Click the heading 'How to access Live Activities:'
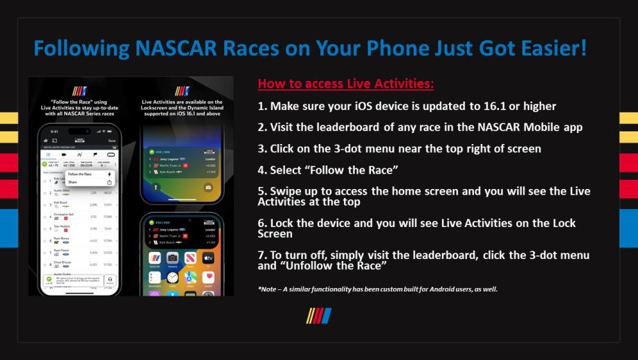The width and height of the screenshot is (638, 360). pyautogui.click(x=346, y=84)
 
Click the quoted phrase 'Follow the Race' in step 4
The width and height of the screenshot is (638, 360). pyautogui.click(x=352, y=169)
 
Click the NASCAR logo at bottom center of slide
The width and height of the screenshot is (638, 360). pyautogui.click(x=319, y=316)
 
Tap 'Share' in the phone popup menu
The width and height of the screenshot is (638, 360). pyautogui.click(x=73, y=182)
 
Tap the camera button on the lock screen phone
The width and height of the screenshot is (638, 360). pyautogui.click(x=208, y=188)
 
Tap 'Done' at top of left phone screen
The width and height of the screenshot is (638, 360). pyautogui.click(x=112, y=141)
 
